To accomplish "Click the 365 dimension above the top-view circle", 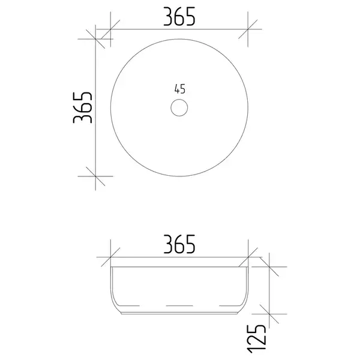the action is coord(179,17).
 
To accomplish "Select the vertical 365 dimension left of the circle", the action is coord(83,107).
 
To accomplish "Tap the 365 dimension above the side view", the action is coord(179,244).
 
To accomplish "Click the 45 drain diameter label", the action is coord(180,89).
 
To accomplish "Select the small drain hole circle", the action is coord(179,107).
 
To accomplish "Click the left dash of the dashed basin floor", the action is coord(130,305).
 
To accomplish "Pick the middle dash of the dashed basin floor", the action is coord(179,305).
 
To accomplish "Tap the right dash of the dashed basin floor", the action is coord(229,305).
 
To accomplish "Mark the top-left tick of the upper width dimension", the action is coord(110,29).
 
